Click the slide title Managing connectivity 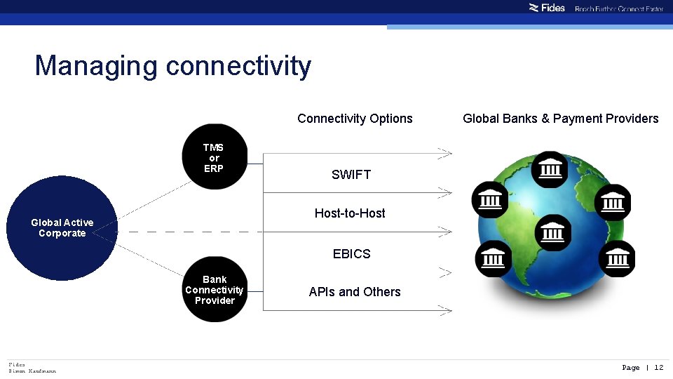point(173,66)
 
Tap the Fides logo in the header point(547,8)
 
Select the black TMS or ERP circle point(214,157)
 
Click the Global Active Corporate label point(62,227)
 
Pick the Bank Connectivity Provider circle point(214,289)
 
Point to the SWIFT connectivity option point(351,174)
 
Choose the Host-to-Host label point(350,213)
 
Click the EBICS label point(351,253)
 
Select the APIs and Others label point(355,291)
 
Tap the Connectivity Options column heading point(355,118)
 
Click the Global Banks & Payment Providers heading point(560,118)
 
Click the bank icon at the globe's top point(550,169)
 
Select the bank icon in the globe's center point(553,232)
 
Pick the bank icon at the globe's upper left point(490,200)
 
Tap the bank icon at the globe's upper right point(612,201)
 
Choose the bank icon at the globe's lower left point(493,258)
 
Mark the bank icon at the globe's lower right point(616,258)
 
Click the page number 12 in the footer point(658,367)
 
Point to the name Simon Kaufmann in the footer point(32,371)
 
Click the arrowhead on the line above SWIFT point(444,152)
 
